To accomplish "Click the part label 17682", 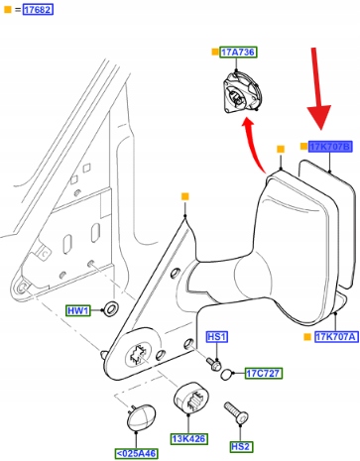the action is pos(38,10).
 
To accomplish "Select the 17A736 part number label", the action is pos(238,53).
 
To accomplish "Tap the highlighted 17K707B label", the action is pos(330,147).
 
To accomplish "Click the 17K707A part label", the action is pos(336,337).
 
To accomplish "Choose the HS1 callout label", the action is pos(217,337).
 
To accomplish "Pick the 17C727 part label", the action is pos(264,373).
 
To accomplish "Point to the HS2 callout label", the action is pos(240,446).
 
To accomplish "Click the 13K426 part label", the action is pos(189,439).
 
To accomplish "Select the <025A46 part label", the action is pos(137,453).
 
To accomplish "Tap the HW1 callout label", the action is pos(78,310).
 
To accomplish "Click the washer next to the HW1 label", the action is pos(111,308).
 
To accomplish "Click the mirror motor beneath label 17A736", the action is pos(242,92).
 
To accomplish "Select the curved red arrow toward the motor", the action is pos(253,145).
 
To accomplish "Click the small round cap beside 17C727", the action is pos(226,374).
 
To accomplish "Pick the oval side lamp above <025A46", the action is pos(141,417).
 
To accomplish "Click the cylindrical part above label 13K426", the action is pos(191,398).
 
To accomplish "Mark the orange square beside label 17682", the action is pos(7,10).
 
